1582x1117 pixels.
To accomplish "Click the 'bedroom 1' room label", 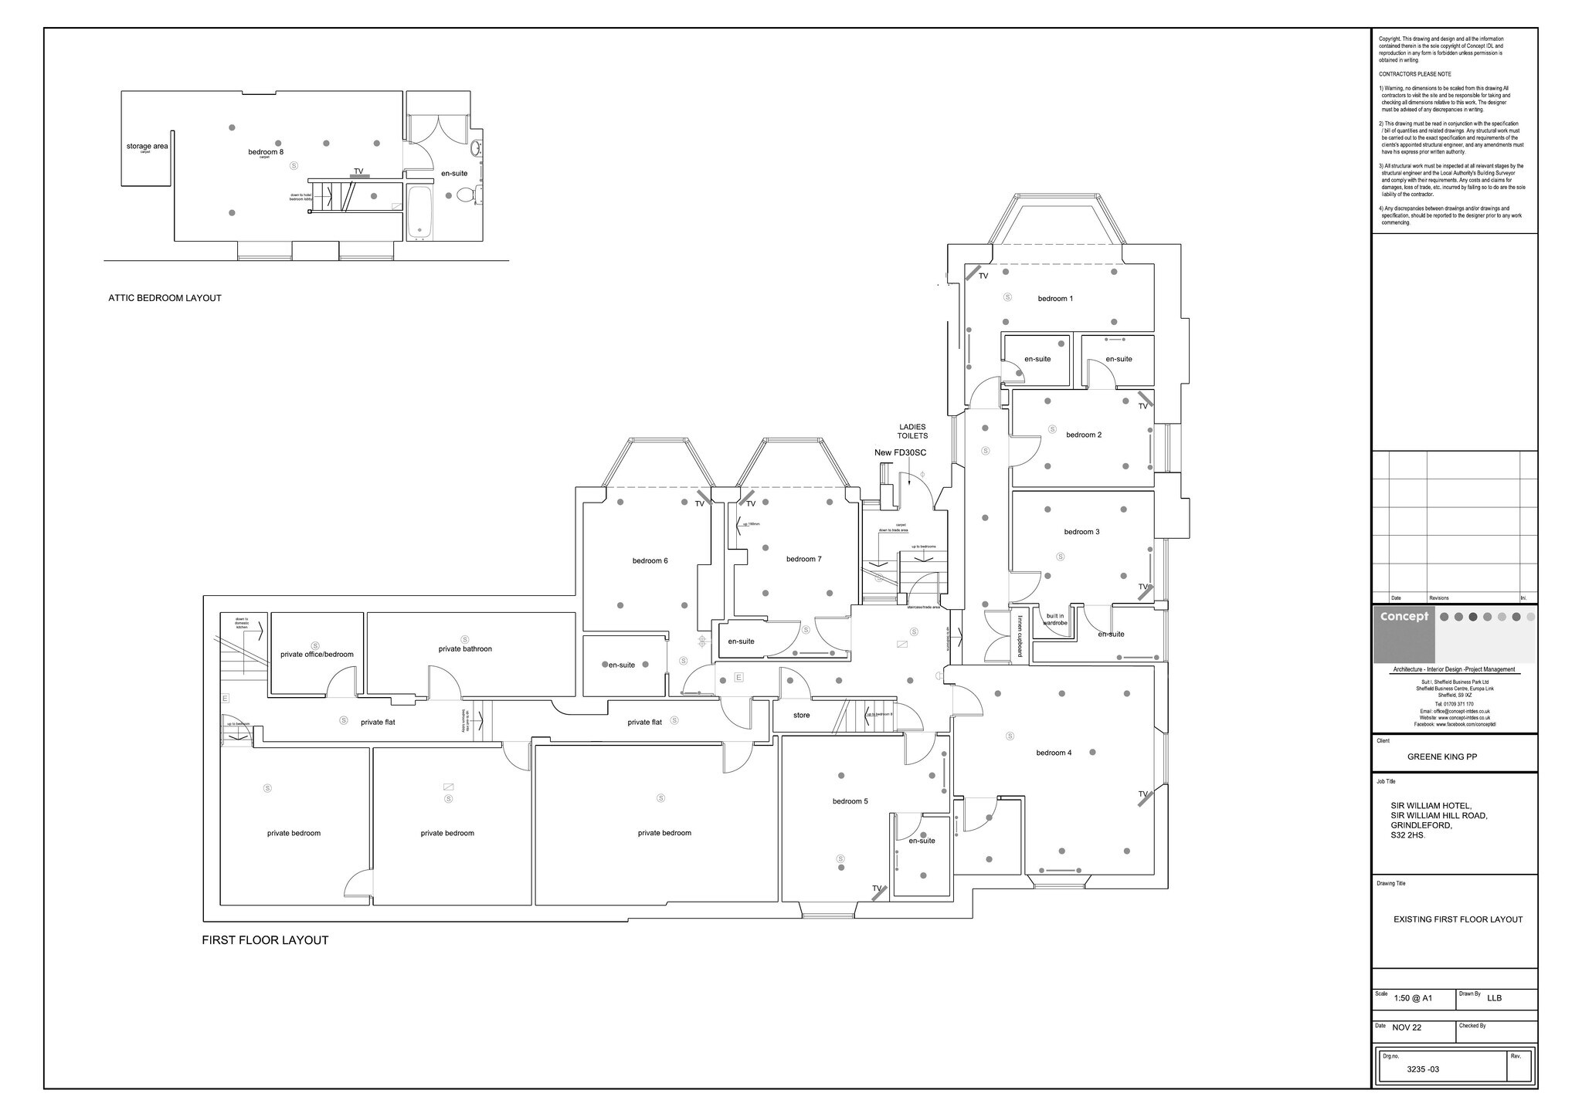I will pos(1054,299).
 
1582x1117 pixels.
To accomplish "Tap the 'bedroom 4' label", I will pos(1054,753).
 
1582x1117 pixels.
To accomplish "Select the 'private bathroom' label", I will pos(465,649).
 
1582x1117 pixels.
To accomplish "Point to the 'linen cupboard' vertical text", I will pos(1020,635).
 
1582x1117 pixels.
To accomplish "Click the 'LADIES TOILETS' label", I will pos(912,432).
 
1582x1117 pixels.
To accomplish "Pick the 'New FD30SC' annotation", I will pos(900,453).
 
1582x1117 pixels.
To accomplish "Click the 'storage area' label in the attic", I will pos(147,146).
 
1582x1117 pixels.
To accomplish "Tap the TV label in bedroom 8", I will pos(358,171).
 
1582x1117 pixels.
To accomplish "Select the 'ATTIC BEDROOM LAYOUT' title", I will pos(165,298).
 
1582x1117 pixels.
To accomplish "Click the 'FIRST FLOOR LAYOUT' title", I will pos(265,940).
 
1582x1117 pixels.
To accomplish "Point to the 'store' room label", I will pos(802,716).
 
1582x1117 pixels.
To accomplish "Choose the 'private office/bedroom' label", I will pos(317,655).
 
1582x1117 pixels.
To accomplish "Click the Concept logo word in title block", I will pos(1404,617).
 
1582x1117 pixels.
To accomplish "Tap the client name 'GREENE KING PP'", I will pos(1441,757).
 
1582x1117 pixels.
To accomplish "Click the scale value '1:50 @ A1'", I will pos(1413,998).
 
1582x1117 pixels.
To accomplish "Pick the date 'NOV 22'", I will pos(1407,1027).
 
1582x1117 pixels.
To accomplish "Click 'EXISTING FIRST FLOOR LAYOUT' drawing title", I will pos(1458,919).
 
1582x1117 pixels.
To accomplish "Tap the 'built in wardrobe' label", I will pos(1055,619).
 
